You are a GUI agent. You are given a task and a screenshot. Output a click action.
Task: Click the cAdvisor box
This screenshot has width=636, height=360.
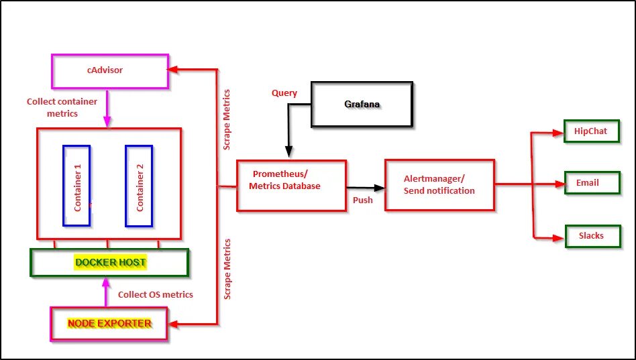point(110,70)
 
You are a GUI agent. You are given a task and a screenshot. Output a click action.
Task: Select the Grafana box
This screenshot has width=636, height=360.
point(362,105)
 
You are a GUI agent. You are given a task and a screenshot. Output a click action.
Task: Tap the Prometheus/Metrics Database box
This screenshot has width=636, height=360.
point(291,186)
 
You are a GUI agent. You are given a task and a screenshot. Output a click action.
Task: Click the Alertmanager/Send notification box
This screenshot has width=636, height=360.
point(439,186)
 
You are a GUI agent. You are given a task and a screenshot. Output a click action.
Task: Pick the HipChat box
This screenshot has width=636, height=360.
point(591,131)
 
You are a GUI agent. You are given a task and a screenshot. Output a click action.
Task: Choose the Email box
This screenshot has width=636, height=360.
point(591,182)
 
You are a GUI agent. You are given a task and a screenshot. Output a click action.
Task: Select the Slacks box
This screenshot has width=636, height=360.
point(591,236)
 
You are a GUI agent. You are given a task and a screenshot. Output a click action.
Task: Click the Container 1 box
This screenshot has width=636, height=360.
point(76,185)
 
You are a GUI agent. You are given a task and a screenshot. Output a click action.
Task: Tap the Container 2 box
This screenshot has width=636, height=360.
point(139,185)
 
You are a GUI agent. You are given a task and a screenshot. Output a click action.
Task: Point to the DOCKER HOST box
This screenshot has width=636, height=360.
point(110,263)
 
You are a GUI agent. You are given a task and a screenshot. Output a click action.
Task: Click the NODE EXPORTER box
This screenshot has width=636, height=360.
point(109,324)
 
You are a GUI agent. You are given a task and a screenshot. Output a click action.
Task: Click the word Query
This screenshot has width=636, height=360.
point(284,93)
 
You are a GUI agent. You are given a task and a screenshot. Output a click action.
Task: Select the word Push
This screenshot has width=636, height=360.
point(363,200)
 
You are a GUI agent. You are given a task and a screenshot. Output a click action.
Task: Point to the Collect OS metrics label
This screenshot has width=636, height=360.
point(156,294)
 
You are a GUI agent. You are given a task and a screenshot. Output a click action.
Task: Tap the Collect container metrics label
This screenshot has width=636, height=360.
point(62,107)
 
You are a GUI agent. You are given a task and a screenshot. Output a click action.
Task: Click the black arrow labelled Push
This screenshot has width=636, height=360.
point(366,188)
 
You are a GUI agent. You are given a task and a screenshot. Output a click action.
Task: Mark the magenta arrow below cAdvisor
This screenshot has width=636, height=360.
point(106,107)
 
